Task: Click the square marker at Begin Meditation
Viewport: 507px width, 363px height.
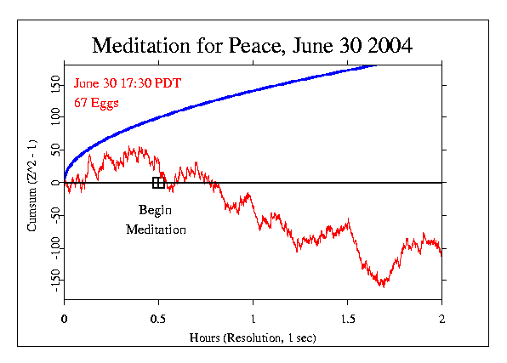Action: coord(158,183)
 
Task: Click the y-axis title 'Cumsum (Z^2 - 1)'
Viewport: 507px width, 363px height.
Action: coord(31,182)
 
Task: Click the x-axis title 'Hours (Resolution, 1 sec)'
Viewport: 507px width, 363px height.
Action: coord(253,337)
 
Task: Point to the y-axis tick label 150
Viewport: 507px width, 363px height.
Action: coord(55,85)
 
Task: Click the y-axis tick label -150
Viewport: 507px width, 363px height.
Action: coord(55,280)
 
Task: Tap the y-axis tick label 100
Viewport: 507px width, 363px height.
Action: coord(55,117)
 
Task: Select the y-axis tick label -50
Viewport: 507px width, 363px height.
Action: coord(55,215)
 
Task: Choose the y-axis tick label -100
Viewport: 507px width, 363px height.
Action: coord(55,247)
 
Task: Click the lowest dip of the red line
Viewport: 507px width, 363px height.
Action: coord(383,286)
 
